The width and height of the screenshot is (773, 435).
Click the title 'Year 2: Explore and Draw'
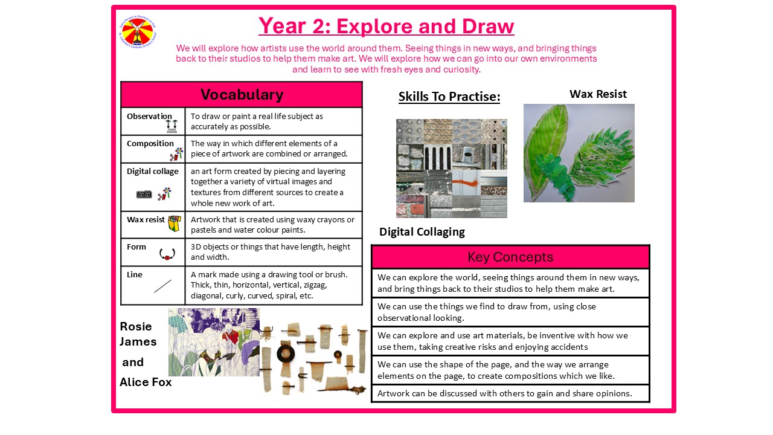(x=386, y=27)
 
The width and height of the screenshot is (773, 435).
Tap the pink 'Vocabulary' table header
(x=242, y=95)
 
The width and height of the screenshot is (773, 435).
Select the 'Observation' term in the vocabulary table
(x=149, y=116)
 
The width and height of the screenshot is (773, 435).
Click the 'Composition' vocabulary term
(x=150, y=143)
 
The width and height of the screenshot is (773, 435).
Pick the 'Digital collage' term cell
(x=153, y=172)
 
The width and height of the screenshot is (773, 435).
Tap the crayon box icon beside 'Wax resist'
(x=175, y=224)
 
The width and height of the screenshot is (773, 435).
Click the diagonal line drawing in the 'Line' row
(x=162, y=286)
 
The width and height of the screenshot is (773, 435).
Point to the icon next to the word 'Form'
(x=167, y=254)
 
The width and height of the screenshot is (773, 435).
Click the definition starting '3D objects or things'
(x=270, y=252)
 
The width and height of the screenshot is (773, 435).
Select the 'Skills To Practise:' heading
(x=449, y=97)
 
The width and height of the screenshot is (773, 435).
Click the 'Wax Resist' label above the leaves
(x=598, y=94)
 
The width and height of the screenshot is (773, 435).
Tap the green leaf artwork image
(x=579, y=153)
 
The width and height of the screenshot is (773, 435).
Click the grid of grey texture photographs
(x=451, y=168)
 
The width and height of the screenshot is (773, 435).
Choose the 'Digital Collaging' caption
(x=422, y=232)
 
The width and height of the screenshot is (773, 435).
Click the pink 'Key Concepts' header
(x=510, y=257)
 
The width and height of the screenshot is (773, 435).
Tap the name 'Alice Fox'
(x=146, y=382)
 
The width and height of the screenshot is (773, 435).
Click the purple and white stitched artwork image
(x=214, y=342)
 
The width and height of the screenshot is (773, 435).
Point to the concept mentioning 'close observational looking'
(x=510, y=312)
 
